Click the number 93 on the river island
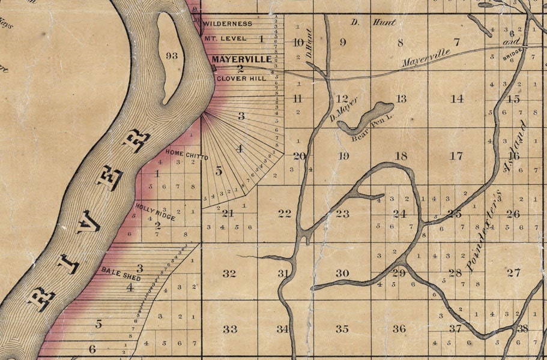(x=172, y=56)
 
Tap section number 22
(x=285, y=214)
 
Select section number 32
(x=229, y=274)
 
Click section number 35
(x=342, y=329)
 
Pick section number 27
(x=513, y=273)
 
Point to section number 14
(x=457, y=99)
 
